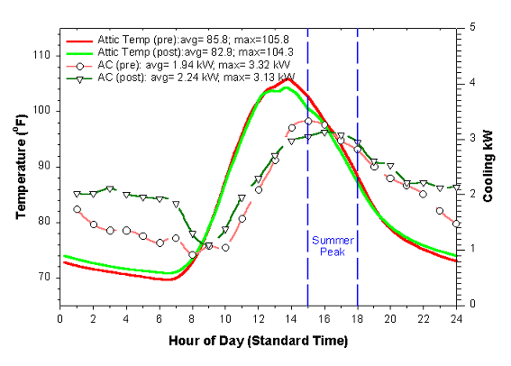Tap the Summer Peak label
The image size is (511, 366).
point(333,246)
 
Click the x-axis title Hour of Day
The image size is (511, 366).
point(257,343)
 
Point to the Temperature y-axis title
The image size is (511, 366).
point(20,165)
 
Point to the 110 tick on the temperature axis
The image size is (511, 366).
point(41,55)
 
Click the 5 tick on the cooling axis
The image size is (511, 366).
point(470,27)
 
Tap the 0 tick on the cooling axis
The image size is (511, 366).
point(470,304)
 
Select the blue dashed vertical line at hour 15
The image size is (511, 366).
point(308,180)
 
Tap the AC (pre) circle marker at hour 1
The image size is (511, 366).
point(77,209)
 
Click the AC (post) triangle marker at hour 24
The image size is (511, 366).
point(457,189)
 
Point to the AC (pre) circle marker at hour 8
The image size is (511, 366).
point(192,255)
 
